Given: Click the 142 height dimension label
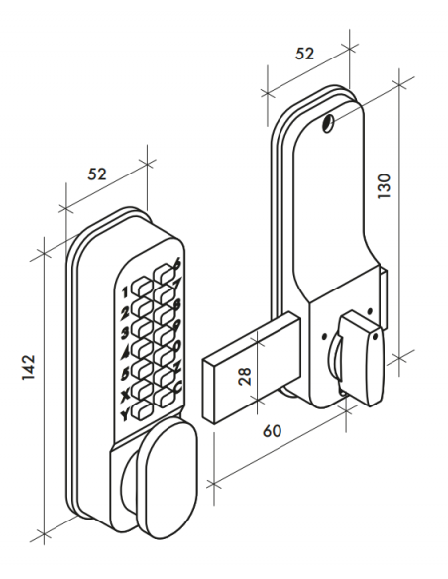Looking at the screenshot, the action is click(29, 367).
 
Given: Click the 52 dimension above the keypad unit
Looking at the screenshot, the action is click(97, 174).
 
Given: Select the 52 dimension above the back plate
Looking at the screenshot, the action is click(305, 54).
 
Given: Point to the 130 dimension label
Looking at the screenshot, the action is click(384, 185).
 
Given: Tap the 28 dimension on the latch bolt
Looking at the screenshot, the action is click(245, 377).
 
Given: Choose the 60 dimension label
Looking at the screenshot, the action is click(272, 431).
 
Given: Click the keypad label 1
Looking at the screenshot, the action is click(125, 292).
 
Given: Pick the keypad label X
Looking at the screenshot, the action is click(126, 396).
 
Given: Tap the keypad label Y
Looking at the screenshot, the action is click(126, 416).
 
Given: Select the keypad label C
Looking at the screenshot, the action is click(178, 387).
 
